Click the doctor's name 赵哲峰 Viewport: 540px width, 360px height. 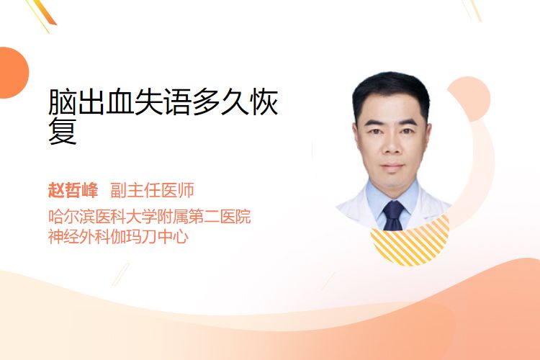(x=73, y=190)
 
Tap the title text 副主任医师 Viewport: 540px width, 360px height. (x=152, y=190)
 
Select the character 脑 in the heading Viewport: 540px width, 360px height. (x=63, y=102)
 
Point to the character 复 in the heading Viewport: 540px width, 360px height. (x=63, y=131)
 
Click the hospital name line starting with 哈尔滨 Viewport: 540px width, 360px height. (x=150, y=216)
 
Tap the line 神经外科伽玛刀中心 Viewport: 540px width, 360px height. (x=118, y=236)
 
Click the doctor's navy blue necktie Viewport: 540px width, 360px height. (x=394, y=215)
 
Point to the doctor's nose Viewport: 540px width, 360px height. (x=392, y=145)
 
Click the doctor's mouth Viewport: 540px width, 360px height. (x=392, y=166)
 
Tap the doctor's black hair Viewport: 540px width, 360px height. (x=391, y=93)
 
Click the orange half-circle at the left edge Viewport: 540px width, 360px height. (x=14, y=73)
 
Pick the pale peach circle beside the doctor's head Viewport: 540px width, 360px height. (x=470, y=99)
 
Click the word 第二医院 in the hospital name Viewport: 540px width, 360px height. (x=219, y=216)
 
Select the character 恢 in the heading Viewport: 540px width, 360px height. (x=264, y=102)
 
